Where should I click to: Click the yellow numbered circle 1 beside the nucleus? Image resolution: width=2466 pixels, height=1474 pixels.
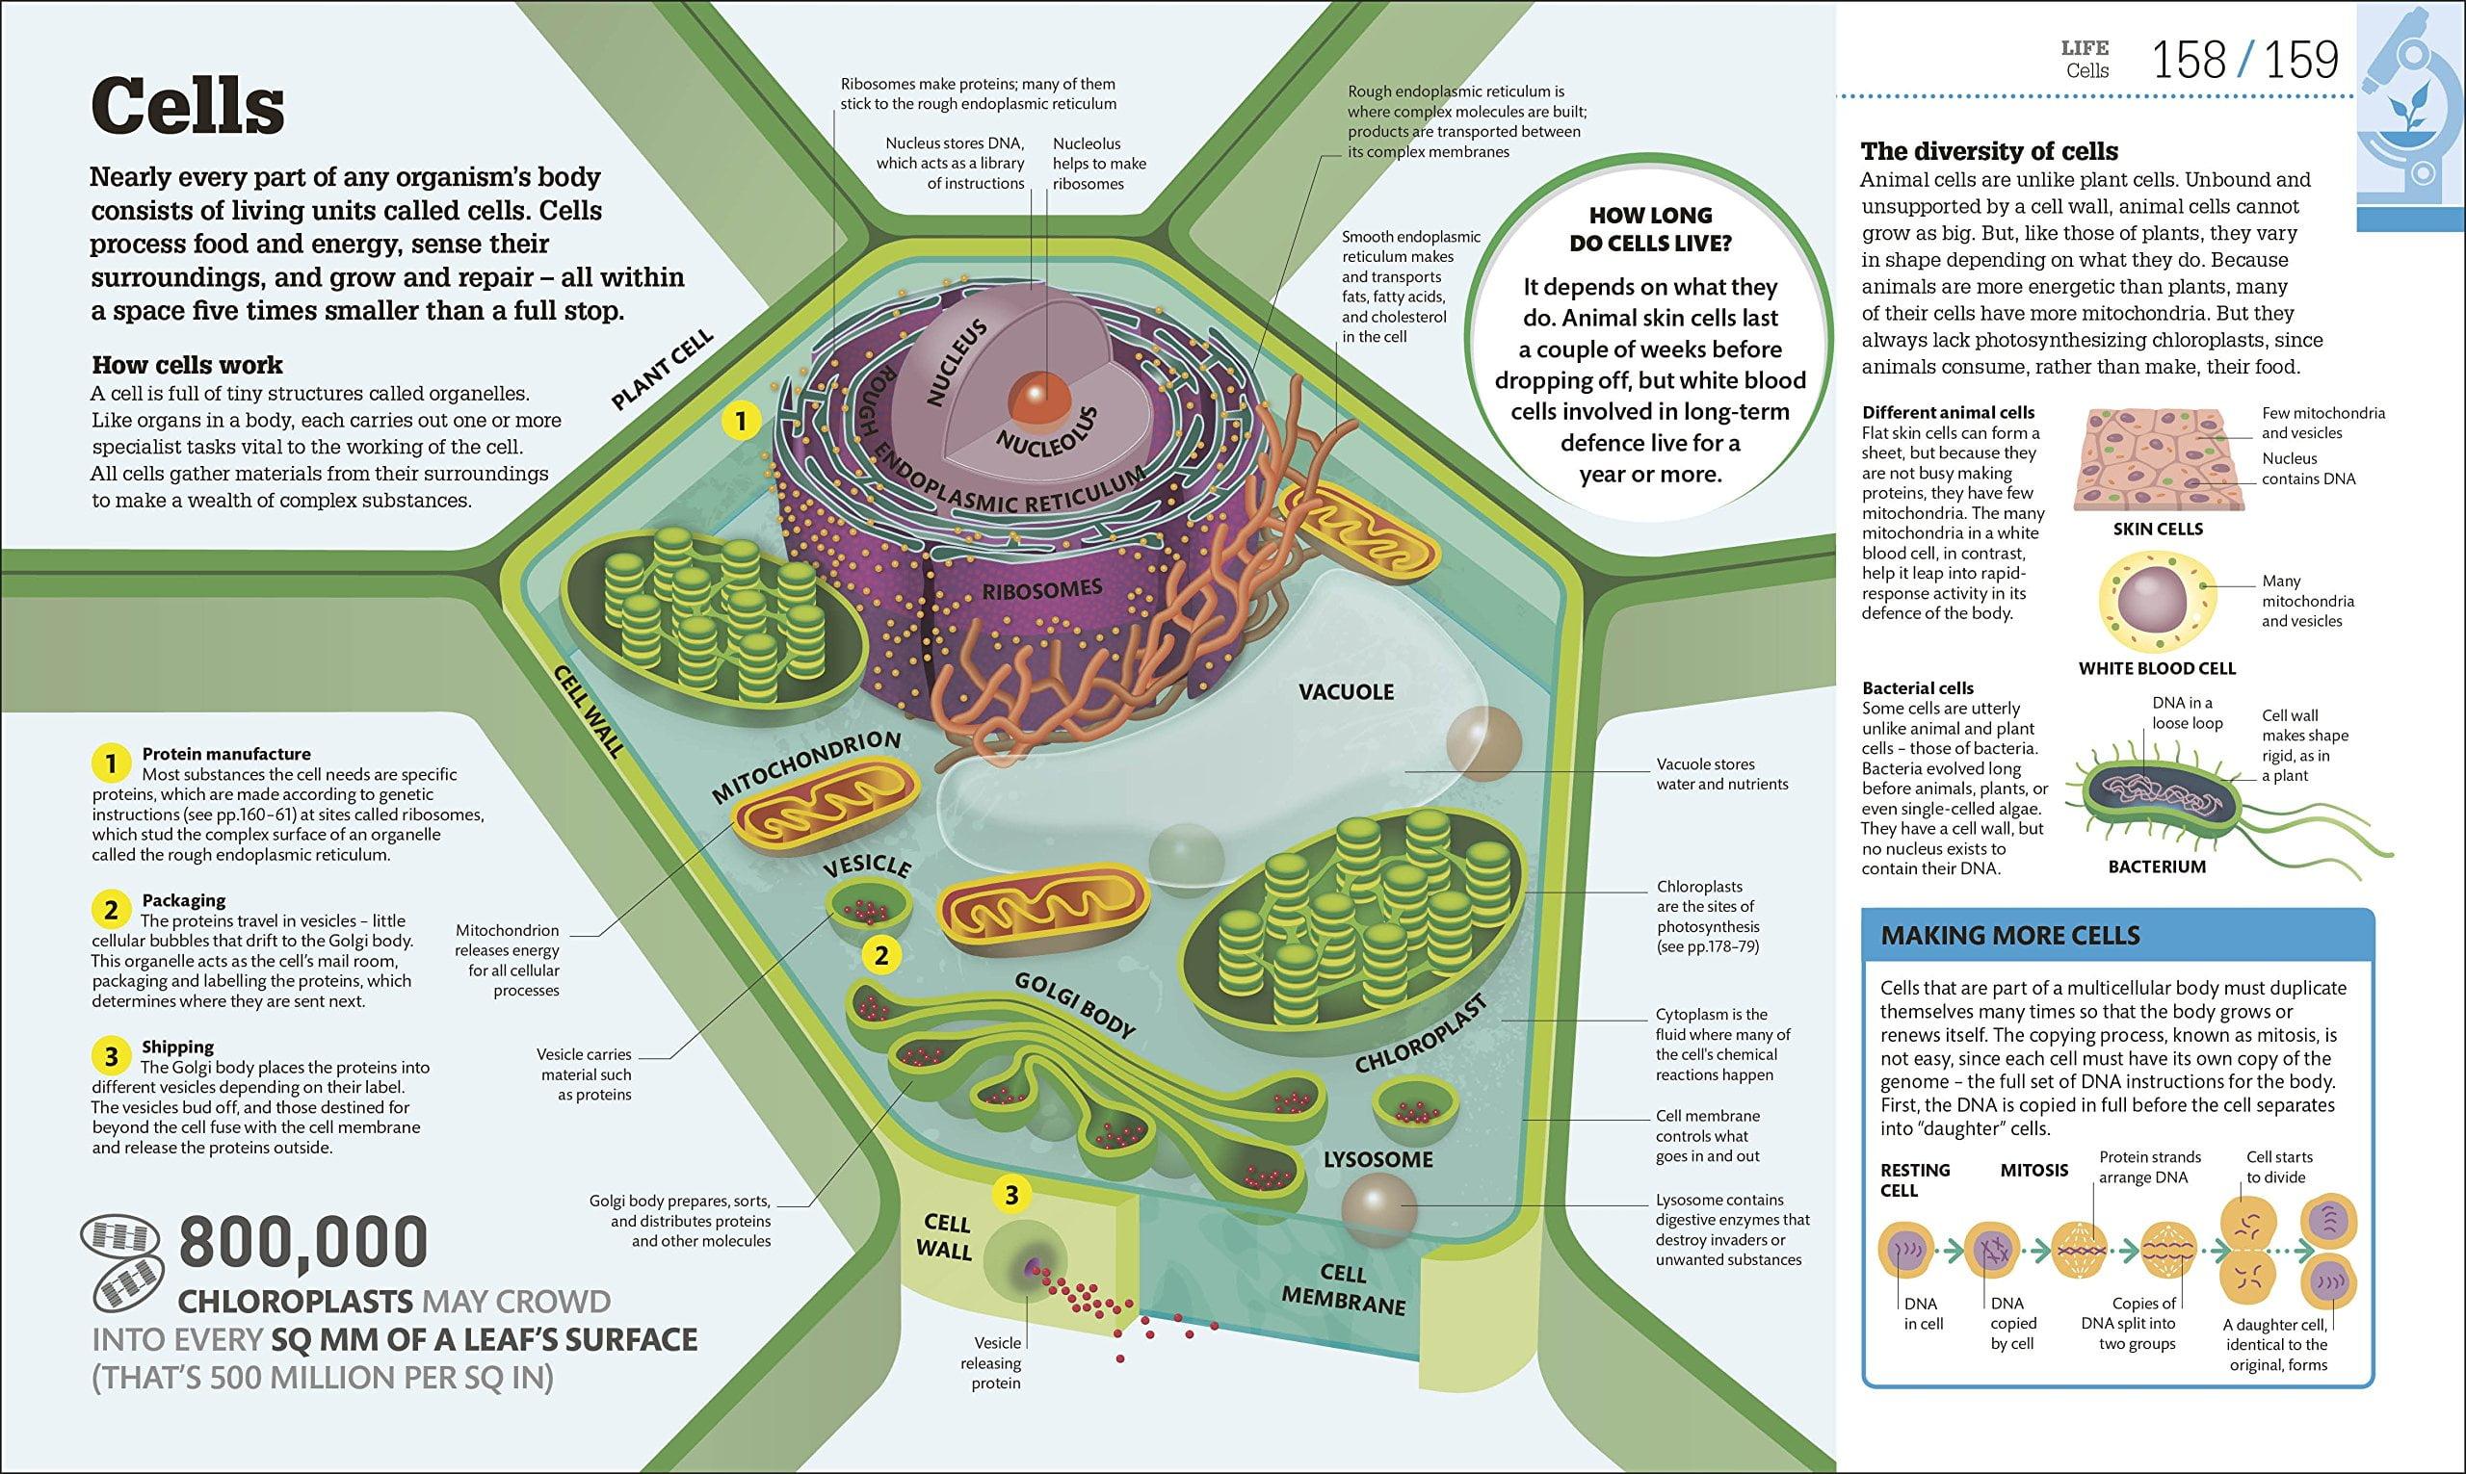click(x=738, y=421)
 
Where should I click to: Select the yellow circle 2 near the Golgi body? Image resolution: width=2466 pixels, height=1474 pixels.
click(x=881, y=956)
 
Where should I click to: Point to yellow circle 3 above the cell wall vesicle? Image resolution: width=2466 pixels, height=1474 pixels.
click(x=1010, y=1196)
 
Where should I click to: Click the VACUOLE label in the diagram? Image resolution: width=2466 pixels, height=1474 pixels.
click(x=1347, y=691)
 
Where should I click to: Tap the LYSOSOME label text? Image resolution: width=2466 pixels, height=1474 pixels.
click(x=1378, y=1159)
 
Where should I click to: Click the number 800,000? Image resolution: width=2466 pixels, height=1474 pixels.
click(x=303, y=1242)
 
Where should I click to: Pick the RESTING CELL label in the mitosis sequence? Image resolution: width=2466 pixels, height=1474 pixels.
click(x=1916, y=1180)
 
